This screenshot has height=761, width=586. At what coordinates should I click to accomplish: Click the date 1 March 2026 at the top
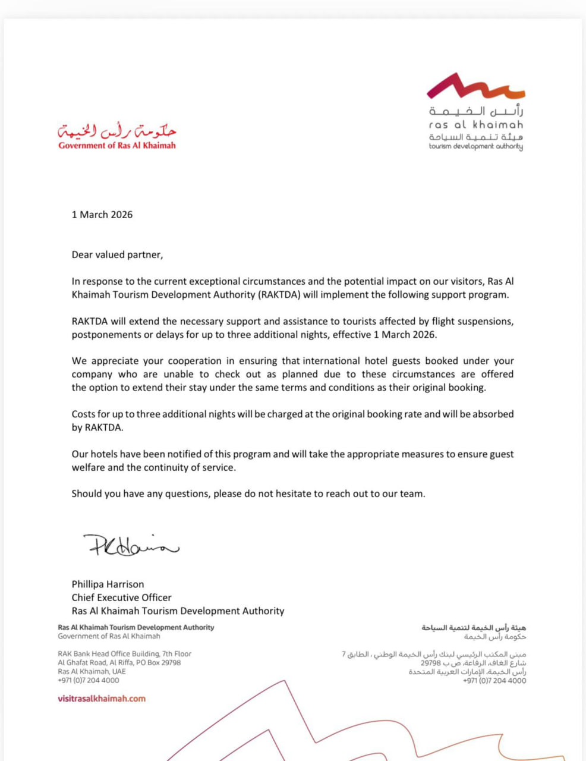click(x=102, y=215)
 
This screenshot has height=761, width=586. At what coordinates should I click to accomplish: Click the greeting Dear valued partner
click(x=117, y=254)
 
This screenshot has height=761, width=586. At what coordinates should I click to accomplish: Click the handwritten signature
click(x=131, y=544)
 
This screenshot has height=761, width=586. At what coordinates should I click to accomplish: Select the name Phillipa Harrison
click(x=108, y=584)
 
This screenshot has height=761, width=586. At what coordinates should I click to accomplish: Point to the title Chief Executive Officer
click(x=121, y=598)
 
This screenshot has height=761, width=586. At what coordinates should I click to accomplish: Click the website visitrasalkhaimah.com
click(x=102, y=699)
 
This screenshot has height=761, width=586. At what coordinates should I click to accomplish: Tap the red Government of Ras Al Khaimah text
click(x=117, y=146)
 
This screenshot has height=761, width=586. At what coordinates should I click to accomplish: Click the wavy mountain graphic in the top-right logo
click(x=475, y=87)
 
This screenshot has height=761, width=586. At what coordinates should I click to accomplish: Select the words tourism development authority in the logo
click(x=476, y=146)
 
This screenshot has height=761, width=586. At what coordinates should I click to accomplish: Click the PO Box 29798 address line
click(x=119, y=662)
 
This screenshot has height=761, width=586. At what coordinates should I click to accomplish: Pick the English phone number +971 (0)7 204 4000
click(x=89, y=680)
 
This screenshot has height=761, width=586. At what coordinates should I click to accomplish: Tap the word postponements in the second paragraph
click(x=106, y=335)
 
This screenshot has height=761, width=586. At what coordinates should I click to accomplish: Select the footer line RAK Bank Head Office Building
click(x=124, y=653)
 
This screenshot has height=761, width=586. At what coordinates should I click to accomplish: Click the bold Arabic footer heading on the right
click(x=474, y=628)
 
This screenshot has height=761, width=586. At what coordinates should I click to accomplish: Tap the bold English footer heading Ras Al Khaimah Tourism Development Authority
click(x=136, y=627)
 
